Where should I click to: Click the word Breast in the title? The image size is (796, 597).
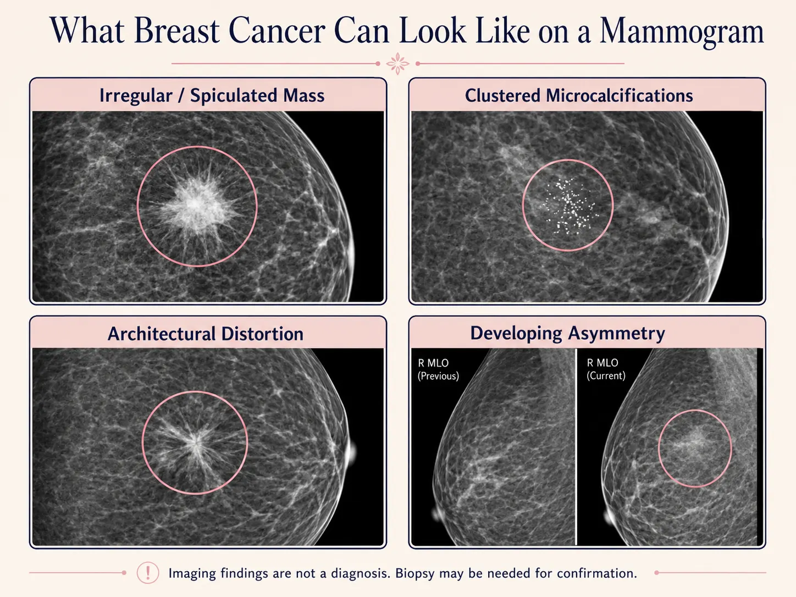click(176, 30)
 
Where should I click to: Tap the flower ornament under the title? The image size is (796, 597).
click(398, 64)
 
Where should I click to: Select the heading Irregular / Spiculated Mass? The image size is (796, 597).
click(212, 96)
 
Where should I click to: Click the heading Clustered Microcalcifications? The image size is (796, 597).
click(579, 96)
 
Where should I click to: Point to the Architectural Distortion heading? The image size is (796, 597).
click(205, 334)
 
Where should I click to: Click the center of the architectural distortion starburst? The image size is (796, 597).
click(195, 442)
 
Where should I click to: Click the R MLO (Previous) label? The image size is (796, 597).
click(438, 369)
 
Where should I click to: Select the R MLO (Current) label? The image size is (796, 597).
click(606, 369)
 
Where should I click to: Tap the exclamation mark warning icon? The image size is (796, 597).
click(147, 573)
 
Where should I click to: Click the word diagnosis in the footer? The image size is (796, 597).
click(361, 574)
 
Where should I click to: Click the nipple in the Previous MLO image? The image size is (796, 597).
click(437, 513)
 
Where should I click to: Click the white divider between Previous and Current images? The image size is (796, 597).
click(576, 447)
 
